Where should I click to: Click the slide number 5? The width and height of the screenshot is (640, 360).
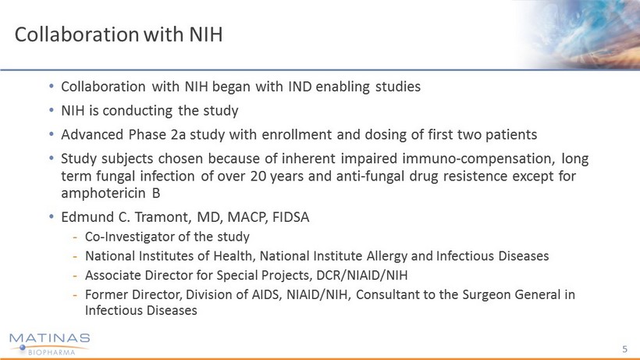[625, 349]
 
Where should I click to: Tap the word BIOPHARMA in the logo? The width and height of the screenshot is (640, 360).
[52, 352]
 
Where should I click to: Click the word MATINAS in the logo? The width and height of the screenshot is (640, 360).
[49, 338]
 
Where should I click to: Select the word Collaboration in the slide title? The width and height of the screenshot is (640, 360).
[76, 34]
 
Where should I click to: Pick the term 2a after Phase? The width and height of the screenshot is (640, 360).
[178, 134]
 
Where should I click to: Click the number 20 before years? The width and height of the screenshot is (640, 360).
[258, 176]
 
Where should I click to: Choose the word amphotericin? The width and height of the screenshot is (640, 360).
[104, 193]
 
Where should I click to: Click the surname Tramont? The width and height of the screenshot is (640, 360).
[162, 217]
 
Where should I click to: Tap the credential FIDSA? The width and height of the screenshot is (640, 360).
[290, 217]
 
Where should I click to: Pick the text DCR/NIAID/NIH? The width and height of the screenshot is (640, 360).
[362, 276]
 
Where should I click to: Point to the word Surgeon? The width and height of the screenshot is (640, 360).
[485, 294]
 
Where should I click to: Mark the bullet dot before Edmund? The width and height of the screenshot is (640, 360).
[52, 217]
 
